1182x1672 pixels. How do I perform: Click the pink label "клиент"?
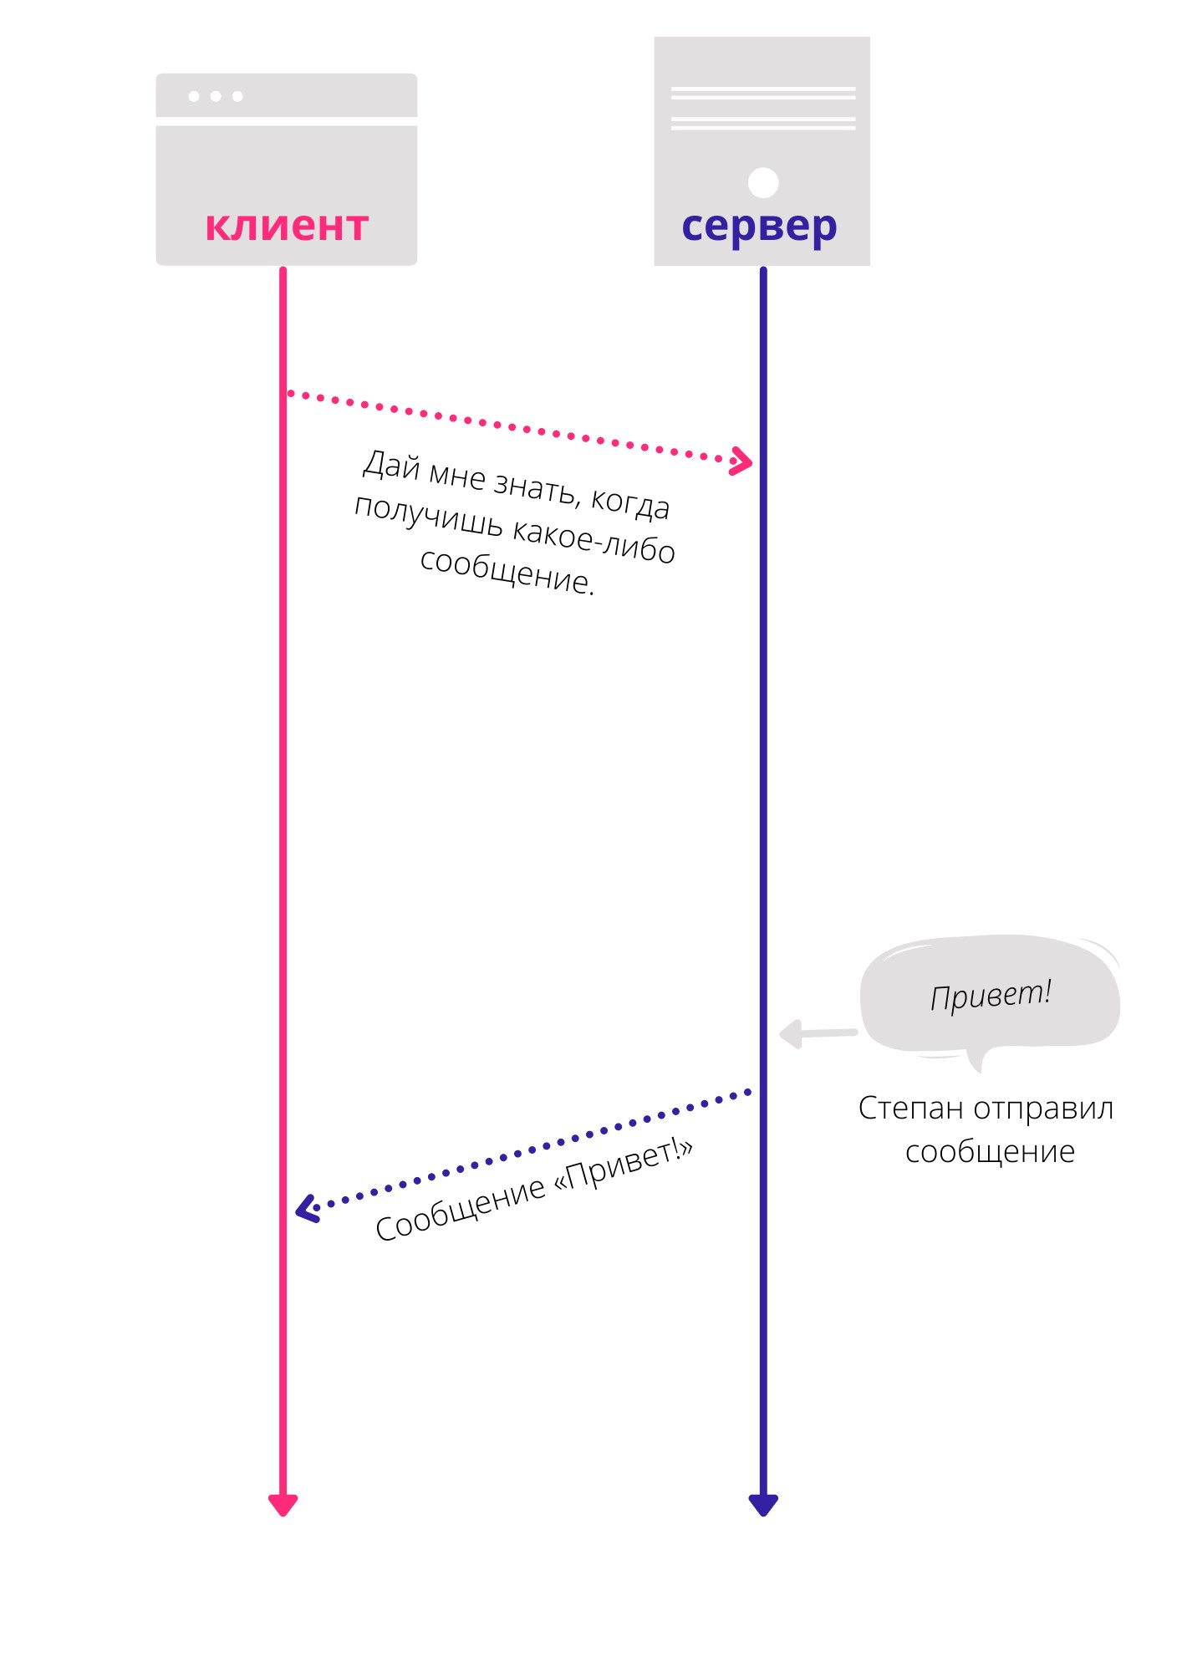coord(287,226)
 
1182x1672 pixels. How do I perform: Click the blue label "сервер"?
coord(759,227)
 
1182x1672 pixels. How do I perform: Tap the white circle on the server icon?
coord(763,182)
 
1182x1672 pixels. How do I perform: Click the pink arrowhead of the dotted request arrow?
coord(741,461)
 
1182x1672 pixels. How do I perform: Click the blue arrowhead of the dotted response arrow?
coord(308,1209)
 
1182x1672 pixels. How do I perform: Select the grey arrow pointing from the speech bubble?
coord(818,1034)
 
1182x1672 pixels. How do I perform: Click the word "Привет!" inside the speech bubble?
coord(991,995)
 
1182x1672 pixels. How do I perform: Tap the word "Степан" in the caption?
coord(911,1109)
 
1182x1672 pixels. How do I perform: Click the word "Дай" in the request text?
coord(391,465)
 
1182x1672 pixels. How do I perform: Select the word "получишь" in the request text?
coord(429,516)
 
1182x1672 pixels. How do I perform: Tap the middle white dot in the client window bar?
coord(216,96)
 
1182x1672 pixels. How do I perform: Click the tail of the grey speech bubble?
coord(975,1060)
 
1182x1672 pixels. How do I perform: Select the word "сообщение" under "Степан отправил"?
coord(990,1153)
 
